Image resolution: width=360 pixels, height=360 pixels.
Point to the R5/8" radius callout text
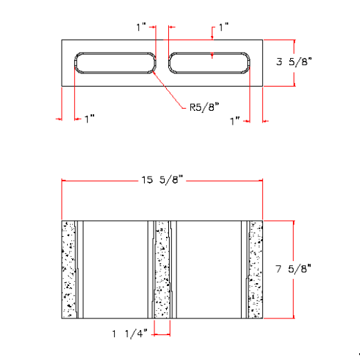tap(204, 107)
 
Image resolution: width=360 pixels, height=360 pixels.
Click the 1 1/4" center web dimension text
tap(129, 334)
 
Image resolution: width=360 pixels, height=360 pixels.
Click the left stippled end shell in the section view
tap(69, 269)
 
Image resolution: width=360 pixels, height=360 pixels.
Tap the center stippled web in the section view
tap(162, 269)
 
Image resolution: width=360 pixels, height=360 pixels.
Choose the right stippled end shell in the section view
tap(256, 269)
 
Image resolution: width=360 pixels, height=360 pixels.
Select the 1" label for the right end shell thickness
tap(235, 120)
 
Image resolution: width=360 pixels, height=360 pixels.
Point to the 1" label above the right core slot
tap(223, 28)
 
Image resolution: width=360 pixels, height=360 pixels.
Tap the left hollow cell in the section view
tap(115, 269)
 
